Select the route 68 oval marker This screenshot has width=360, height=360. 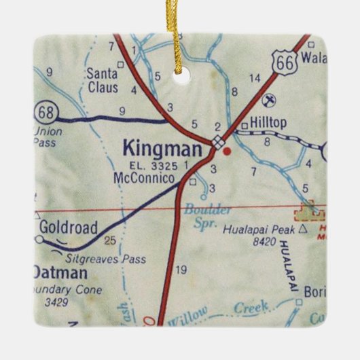[x=46, y=110]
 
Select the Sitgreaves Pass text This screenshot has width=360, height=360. [x=106, y=259]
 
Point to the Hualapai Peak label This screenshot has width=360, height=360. [x=265, y=230]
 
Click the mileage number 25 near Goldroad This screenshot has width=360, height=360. [x=110, y=239]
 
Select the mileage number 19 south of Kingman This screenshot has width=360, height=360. [x=181, y=270]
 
